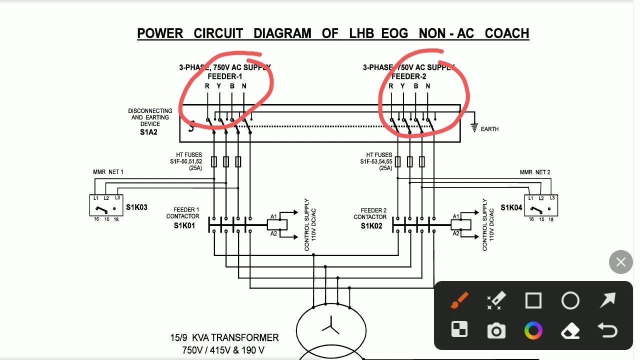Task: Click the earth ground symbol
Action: (474, 128)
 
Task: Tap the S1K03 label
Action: (136, 207)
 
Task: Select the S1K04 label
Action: (511, 207)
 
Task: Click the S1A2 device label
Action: (148, 132)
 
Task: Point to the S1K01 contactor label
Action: (184, 225)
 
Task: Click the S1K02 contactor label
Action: (371, 226)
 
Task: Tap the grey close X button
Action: (620, 262)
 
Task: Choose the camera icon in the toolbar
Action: (496, 330)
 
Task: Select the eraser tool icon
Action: (570, 330)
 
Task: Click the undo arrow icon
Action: (607, 330)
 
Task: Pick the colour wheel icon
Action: (533, 330)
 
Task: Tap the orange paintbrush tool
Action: (459, 300)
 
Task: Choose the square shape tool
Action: (533, 300)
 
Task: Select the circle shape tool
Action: (570, 300)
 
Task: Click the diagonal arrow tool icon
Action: (607, 300)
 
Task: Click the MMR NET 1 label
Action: (108, 172)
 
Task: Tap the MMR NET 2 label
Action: (534, 172)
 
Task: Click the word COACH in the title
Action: (506, 33)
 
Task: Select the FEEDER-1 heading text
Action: (224, 76)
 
